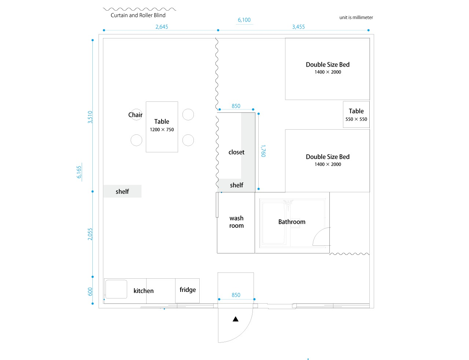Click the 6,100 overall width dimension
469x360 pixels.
[x=244, y=20]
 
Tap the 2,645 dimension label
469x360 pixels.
[x=162, y=27]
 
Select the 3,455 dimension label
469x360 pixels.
[x=298, y=27]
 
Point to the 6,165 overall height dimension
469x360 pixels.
[x=79, y=172]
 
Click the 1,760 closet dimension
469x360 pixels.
[x=263, y=151]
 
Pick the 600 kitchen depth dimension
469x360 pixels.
[x=90, y=292]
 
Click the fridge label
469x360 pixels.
[x=188, y=289]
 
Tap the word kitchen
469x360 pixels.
[x=144, y=290]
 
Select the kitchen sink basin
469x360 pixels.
[x=116, y=289]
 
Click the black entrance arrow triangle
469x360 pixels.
[x=236, y=319]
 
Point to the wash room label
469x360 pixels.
[x=236, y=222]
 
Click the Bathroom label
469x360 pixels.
[x=292, y=222]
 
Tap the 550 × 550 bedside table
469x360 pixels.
[x=356, y=114]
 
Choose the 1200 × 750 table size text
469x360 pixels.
[x=162, y=129]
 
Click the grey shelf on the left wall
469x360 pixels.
[x=122, y=191]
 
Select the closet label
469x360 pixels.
[x=236, y=152]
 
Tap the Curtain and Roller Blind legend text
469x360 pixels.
[x=138, y=15]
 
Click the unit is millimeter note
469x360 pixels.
[x=356, y=18]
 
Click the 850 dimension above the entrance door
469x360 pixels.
[x=236, y=295]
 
